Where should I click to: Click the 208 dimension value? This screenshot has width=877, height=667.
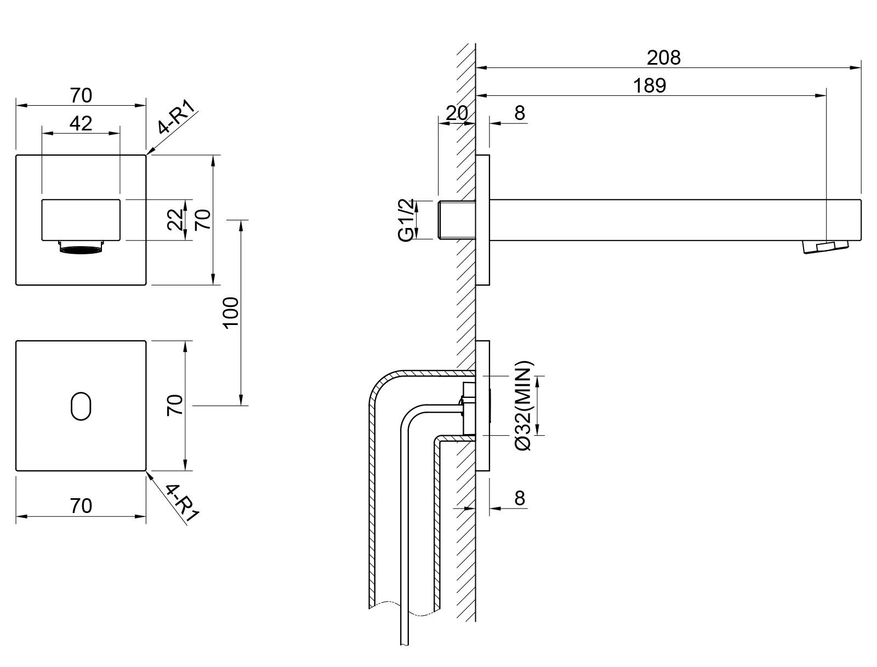coord(663,58)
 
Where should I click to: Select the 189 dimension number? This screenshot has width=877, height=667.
coord(650,85)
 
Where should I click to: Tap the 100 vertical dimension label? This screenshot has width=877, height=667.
coord(232,312)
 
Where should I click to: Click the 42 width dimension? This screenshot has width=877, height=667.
coord(81,124)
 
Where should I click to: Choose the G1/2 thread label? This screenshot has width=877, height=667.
coord(407,220)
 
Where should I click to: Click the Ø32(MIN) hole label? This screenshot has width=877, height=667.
coord(525,406)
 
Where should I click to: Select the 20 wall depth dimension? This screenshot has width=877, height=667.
coord(456,113)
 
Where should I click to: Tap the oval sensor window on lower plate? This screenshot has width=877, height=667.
coord(81,406)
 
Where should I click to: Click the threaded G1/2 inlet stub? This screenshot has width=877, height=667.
coord(457,220)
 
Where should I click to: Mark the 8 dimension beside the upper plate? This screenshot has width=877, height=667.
coord(520,113)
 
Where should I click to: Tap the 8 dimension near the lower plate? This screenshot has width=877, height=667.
coord(520,498)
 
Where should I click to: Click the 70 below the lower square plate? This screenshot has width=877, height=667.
coord(81,505)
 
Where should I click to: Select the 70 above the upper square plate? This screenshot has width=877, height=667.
coord(81,95)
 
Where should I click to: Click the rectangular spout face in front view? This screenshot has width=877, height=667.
coord(81,220)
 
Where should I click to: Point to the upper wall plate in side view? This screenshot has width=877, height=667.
coord(482,220)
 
